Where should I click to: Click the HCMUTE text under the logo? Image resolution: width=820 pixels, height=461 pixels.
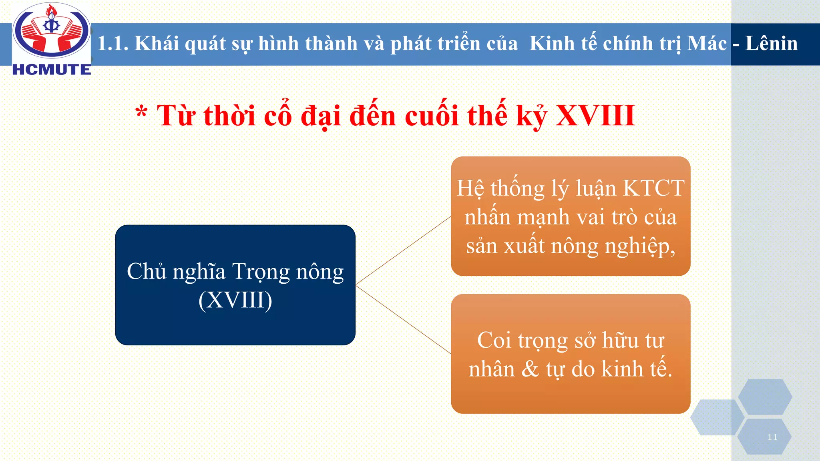click(52, 70)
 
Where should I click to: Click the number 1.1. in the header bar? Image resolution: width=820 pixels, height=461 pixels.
click(113, 43)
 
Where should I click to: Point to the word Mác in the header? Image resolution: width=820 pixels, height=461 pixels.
click(707, 43)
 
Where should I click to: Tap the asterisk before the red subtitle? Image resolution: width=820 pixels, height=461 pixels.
click(141, 113)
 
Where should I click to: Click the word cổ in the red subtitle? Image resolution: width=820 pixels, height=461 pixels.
click(277, 116)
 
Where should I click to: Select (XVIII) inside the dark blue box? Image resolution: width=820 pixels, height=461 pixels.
click(235, 300)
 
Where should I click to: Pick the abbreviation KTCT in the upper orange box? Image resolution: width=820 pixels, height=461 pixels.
click(653, 188)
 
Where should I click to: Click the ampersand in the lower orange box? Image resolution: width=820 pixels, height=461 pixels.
click(530, 369)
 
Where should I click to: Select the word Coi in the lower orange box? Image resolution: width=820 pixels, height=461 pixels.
click(494, 341)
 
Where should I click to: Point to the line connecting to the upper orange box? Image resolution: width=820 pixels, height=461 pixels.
click(403, 251)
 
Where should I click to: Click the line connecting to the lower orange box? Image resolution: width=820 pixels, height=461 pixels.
click(403, 319)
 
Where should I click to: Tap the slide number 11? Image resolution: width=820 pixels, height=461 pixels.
click(772, 437)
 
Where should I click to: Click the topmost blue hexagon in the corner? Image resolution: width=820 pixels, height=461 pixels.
click(765, 397)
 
